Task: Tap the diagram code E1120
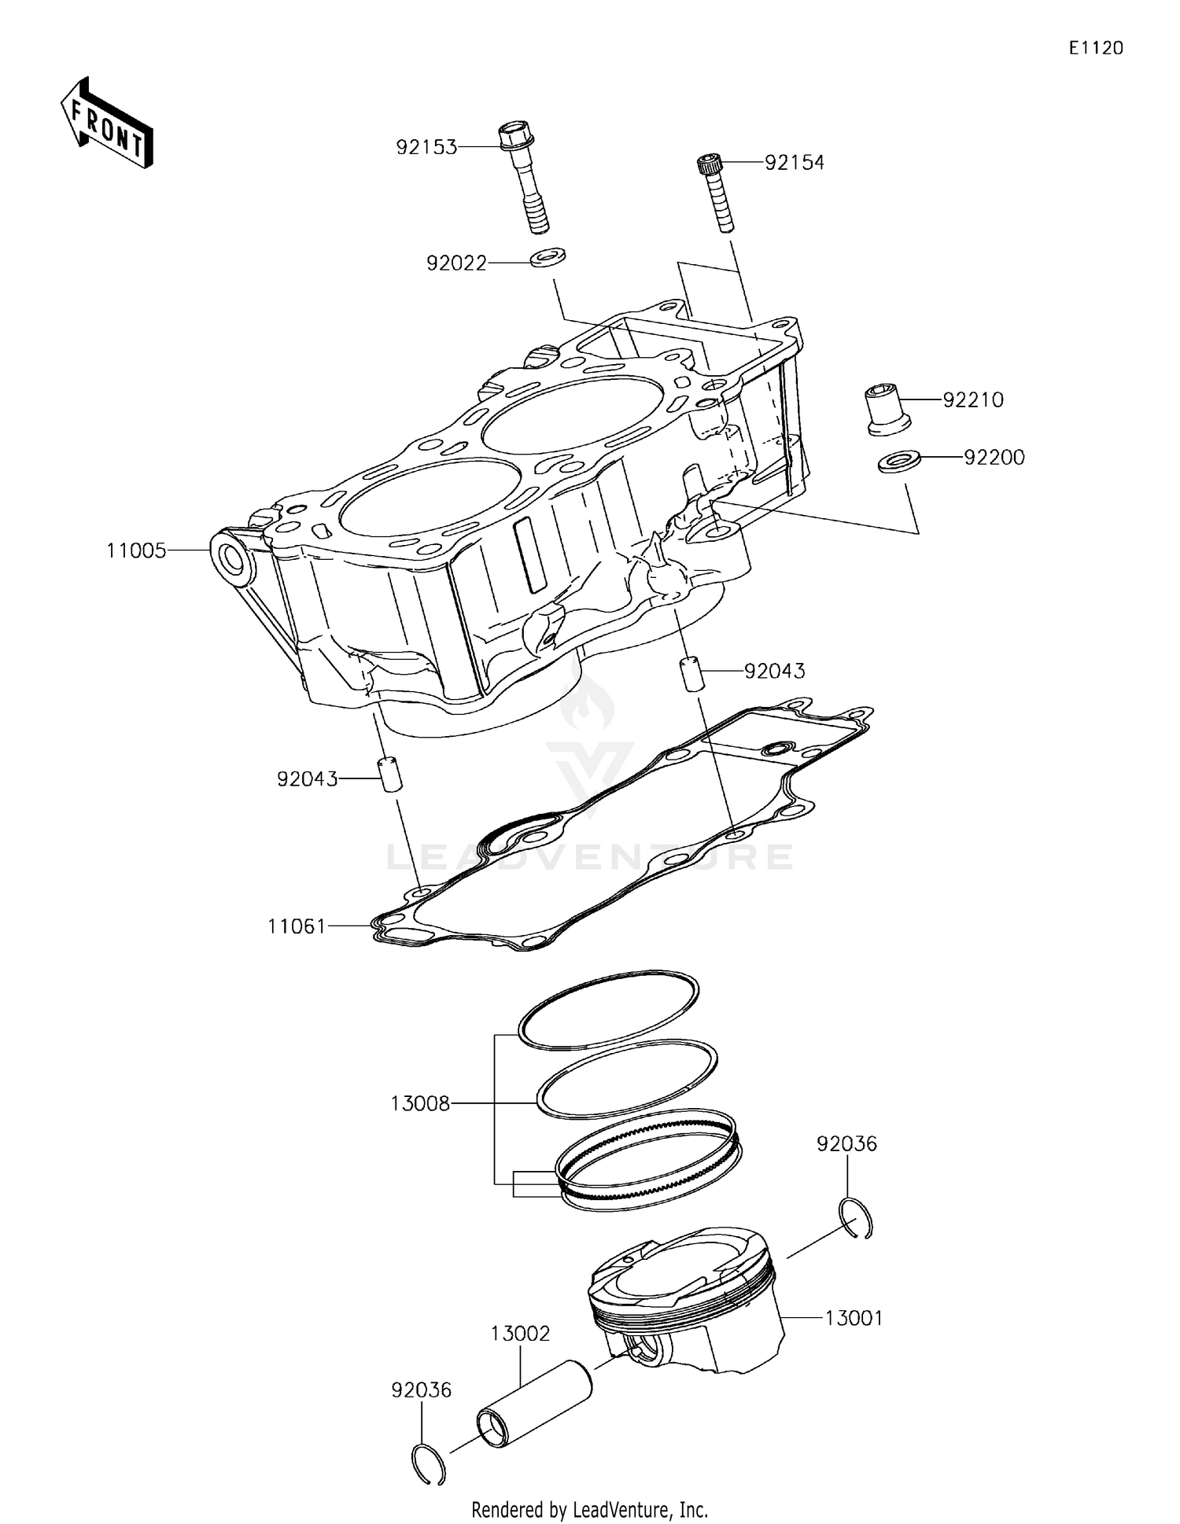coord(1095,48)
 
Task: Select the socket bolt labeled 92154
coord(717,193)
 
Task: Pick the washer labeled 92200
coord(900,462)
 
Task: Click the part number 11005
coord(137,551)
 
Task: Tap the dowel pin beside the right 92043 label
coord(690,675)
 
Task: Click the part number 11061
coord(297,926)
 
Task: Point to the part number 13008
coord(420,1104)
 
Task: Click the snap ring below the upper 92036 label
coord(856,1219)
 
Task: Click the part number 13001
coord(854,1318)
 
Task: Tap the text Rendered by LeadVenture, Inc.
coord(589,1510)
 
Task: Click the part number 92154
coord(795,163)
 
